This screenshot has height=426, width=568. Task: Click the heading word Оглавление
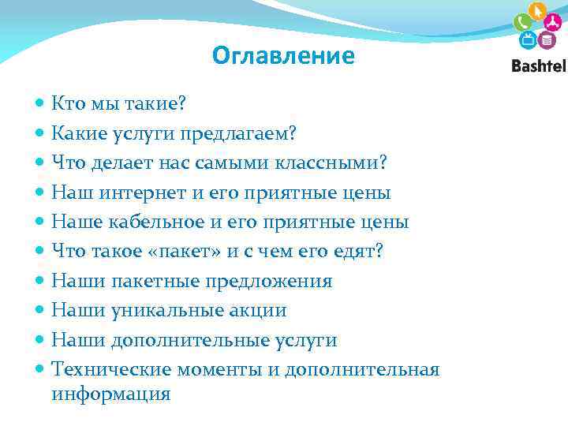click(x=283, y=56)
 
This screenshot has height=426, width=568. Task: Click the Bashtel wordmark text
click(x=538, y=66)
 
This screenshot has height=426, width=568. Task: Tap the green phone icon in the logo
click(x=522, y=22)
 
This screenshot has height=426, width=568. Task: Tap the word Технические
click(x=111, y=369)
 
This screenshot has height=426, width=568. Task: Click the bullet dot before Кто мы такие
click(x=40, y=103)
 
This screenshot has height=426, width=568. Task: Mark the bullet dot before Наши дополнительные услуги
click(x=40, y=340)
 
